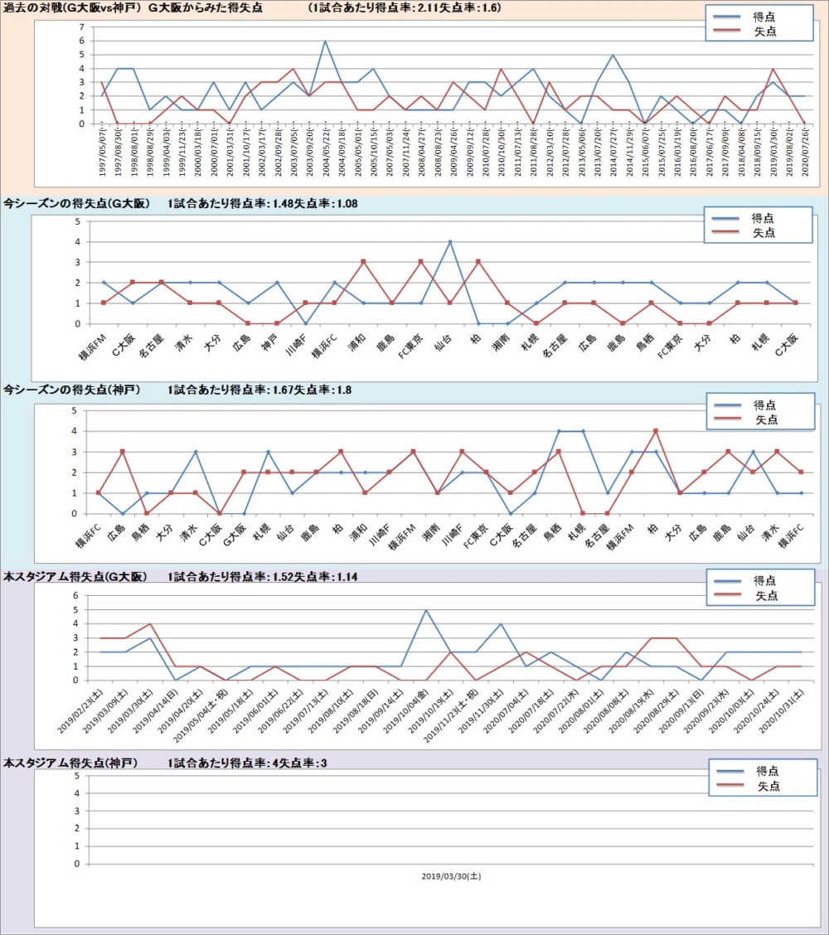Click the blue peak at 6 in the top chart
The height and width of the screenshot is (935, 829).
pos(325,41)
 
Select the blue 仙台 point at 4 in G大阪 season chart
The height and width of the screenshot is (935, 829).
pos(449,242)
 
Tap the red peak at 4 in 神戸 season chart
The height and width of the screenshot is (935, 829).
pos(656,431)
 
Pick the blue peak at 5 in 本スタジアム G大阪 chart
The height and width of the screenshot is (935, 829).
pos(425,610)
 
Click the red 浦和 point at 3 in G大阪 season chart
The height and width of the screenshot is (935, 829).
pos(363,262)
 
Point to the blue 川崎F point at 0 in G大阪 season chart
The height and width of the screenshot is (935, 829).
pos(306,323)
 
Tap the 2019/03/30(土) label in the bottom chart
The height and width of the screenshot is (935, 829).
pos(450,876)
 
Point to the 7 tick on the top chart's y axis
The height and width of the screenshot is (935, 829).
pos(82,27)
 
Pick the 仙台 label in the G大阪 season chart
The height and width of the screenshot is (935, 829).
pos(444,342)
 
